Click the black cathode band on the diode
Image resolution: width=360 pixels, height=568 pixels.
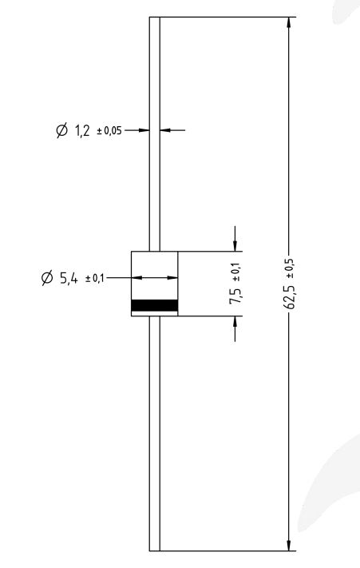point(154,304)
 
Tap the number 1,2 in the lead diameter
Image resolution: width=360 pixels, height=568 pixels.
point(83,130)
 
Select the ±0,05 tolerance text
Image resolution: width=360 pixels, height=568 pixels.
point(110,131)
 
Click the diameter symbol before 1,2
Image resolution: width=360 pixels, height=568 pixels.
point(62,130)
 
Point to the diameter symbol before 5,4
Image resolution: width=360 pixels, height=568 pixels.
point(47,278)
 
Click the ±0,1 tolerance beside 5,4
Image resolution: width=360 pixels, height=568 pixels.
point(93,279)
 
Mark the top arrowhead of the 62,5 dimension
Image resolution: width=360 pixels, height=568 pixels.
point(288,23)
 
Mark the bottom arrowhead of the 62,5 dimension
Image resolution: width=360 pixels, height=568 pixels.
point(288,545)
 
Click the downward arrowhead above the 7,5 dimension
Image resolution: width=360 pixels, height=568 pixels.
point(235,244)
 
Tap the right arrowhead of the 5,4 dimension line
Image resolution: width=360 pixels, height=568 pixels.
point(172,277)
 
